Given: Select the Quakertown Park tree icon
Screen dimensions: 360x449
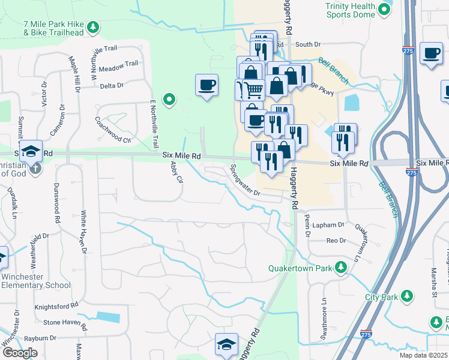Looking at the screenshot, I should click(x=341, y=267).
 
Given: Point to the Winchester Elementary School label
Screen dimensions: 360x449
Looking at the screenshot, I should click(x=35, y=281).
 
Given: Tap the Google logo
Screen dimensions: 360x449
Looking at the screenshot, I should click(x=19, y=353).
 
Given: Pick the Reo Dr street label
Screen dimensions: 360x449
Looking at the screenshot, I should click(x=336, y=241).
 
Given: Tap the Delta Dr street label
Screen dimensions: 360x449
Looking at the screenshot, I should click(x=111, y=86).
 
